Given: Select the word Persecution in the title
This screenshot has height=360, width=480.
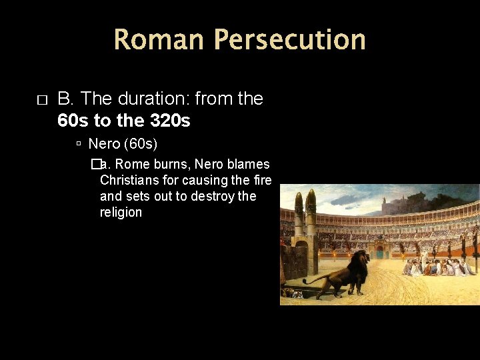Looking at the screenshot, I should coord(289,39).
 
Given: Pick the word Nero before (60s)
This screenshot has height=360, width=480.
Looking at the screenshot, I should coord(103,143).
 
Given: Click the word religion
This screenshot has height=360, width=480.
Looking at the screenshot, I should coord(121,212).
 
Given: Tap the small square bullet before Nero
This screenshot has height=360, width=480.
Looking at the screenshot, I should coord(79,144).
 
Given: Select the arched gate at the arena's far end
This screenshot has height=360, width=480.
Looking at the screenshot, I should coord(380,253).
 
